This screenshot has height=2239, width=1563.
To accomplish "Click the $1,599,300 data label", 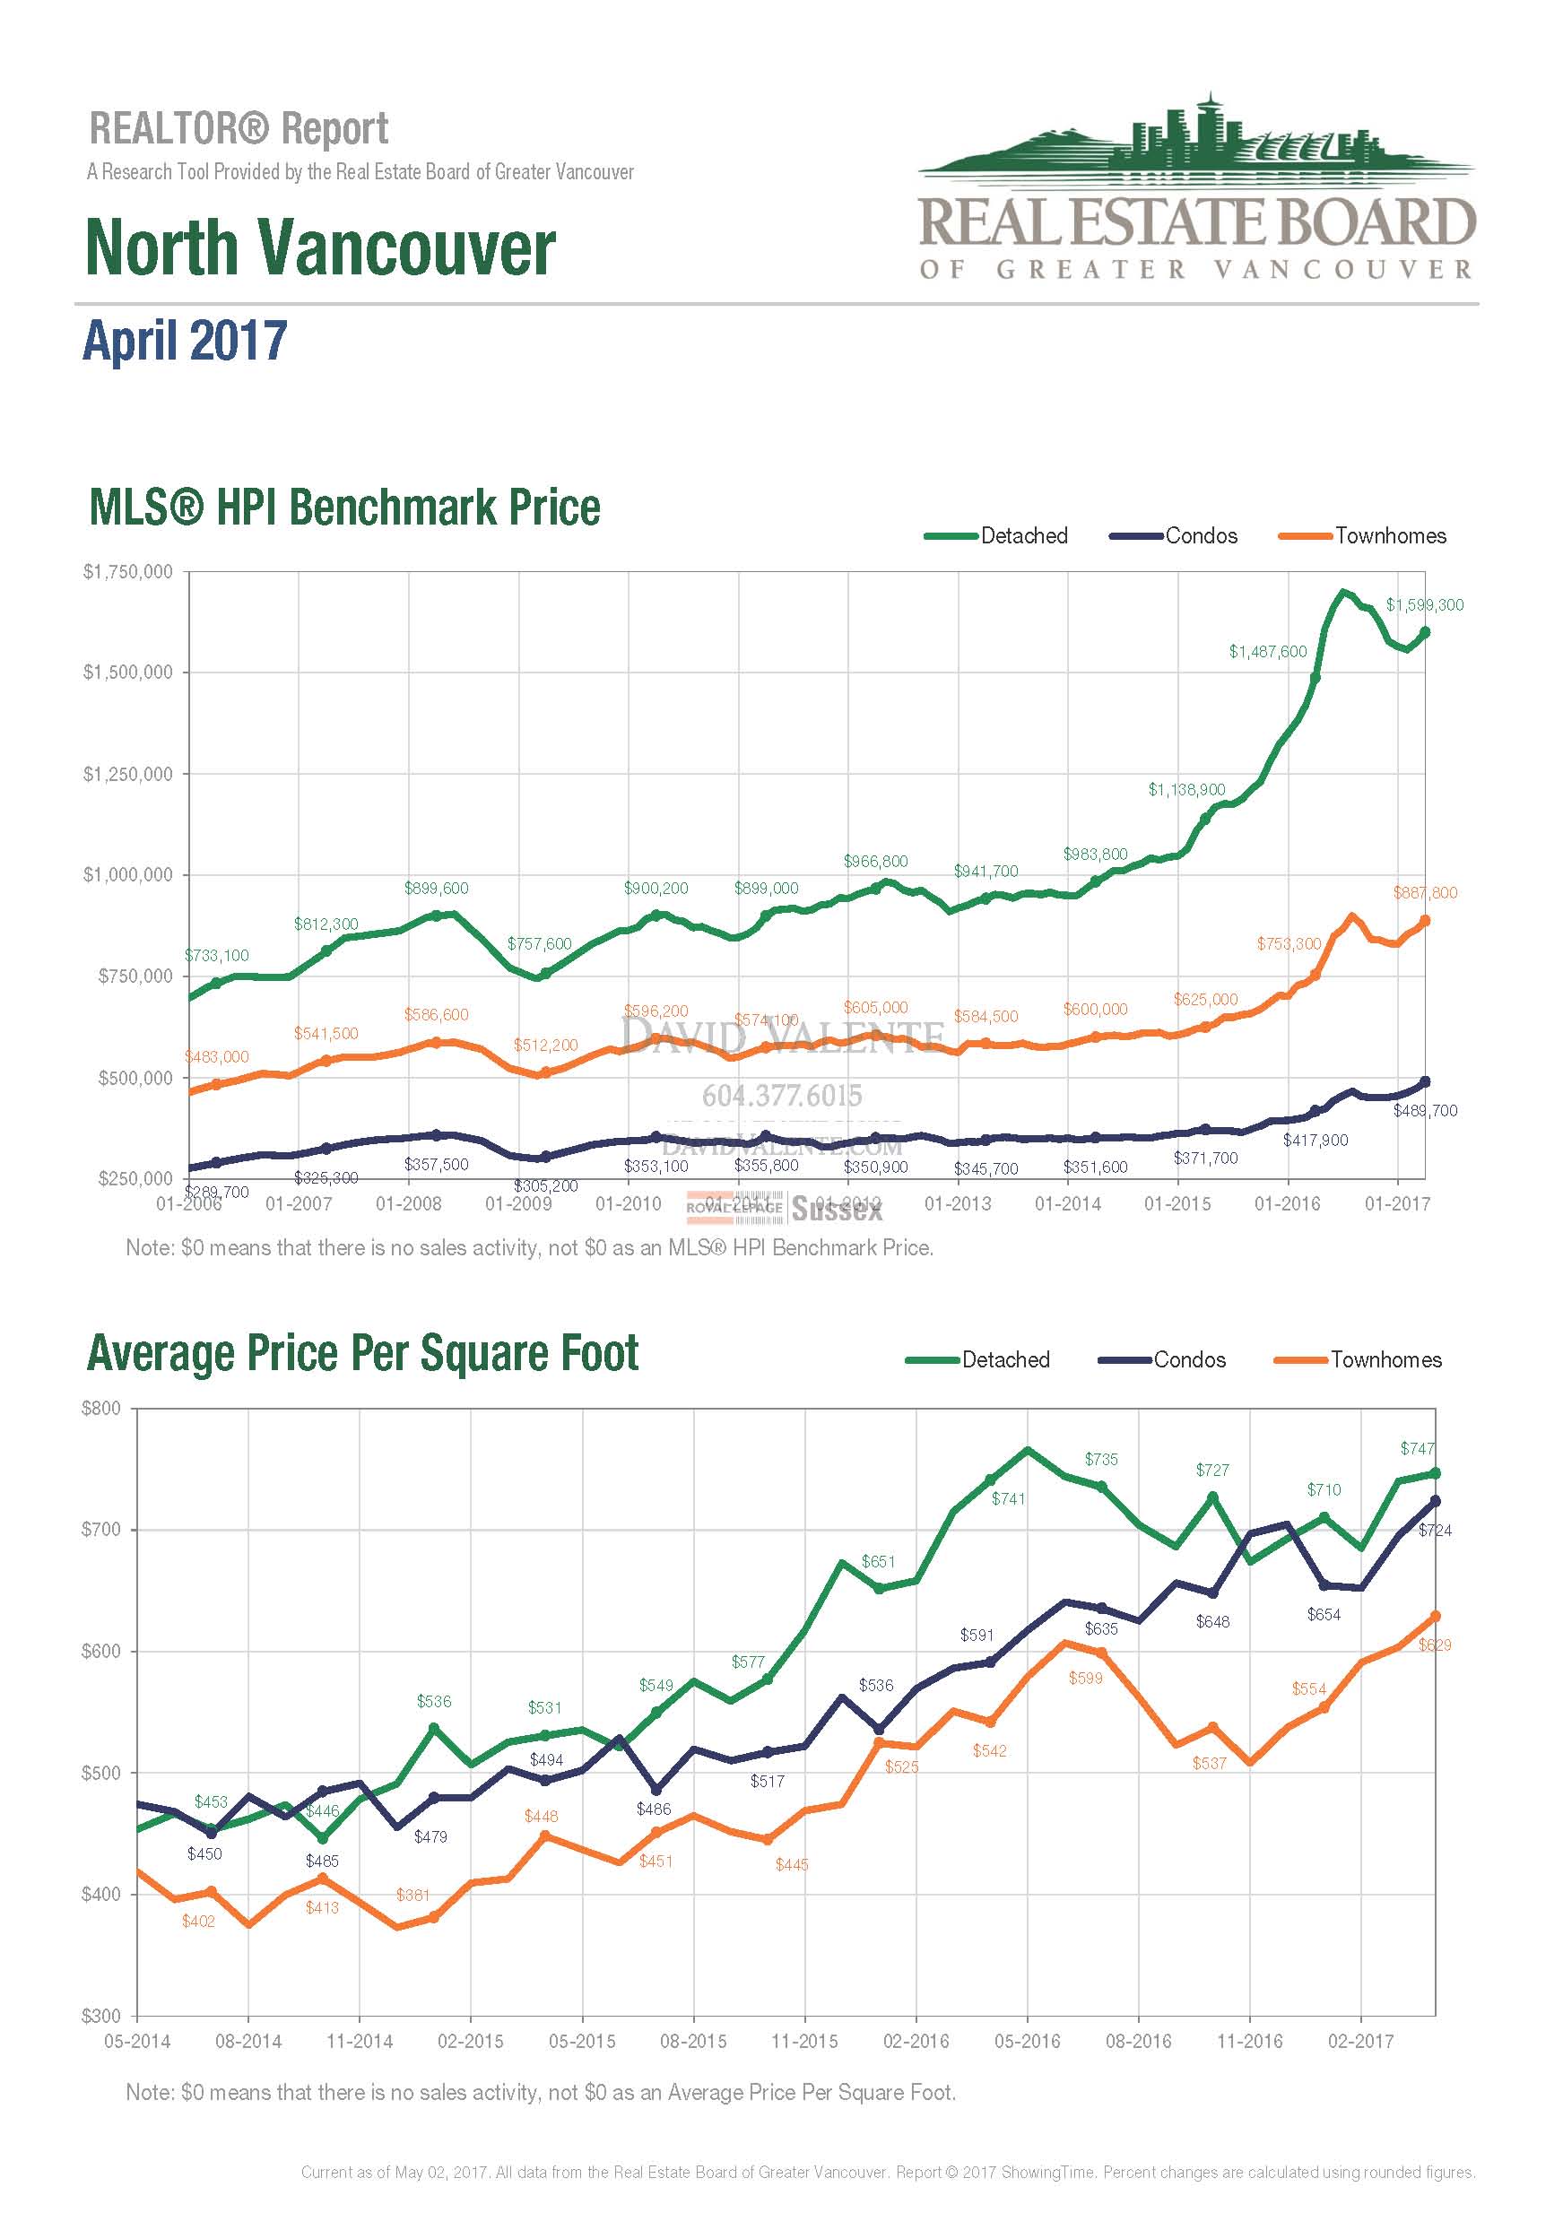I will (x=1424, y=604).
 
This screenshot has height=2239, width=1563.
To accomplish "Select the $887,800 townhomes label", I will (x=1425, y=892).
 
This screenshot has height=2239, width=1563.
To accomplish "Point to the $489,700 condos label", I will (x=1425, y=1111).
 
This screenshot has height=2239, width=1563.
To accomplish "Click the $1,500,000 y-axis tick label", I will (x=127, y=672).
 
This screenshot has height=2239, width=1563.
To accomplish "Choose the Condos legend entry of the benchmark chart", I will (x=1174, y=535).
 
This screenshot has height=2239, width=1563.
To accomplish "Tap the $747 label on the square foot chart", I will (x=1417, y=1448).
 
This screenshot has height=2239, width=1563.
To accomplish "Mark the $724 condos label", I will (x=1434, y=1530).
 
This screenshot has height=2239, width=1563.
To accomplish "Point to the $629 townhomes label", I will (x=1434, y=1645).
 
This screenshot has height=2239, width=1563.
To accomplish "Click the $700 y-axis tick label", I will (x=101, y=1529).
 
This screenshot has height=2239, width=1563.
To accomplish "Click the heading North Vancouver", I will (x=321, y=247).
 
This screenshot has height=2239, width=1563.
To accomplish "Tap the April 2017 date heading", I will (x=186, y=341).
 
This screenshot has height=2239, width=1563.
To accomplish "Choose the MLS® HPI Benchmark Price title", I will (x=344, y=508).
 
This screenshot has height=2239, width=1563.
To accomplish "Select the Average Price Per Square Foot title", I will (x=362, y=1354).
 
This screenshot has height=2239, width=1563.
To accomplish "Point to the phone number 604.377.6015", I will (x=782, y=1096).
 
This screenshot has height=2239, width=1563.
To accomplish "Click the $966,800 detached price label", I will (x=874, y=861).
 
